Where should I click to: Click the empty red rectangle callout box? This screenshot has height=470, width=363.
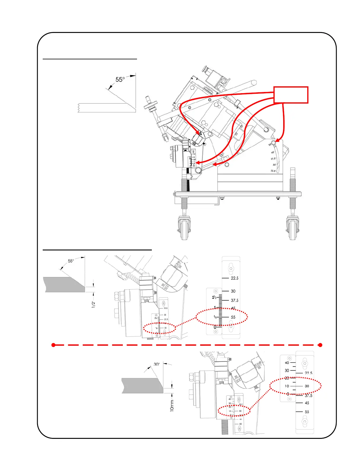pos(291,95)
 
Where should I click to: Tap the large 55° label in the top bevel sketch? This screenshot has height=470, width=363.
pos(120,80)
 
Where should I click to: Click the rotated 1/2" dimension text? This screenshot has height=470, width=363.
pos(93,304)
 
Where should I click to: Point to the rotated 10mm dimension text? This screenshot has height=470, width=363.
pos(172,405)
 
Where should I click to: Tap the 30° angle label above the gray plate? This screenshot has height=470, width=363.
pos(157,364)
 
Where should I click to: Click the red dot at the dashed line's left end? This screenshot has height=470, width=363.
pos(53,345)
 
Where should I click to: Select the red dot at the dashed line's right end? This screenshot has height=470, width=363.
pos(320,345)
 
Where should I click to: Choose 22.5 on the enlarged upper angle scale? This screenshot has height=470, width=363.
pos(235,278)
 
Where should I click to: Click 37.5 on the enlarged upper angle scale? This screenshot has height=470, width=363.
pos(235,301)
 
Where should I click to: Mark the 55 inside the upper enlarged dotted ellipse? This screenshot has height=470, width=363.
pos(233,317)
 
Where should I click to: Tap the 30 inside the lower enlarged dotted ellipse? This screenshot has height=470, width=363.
pos(307,386)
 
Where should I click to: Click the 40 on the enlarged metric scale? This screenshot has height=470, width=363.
pos(287,363)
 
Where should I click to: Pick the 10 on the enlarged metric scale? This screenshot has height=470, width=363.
pos(287,386)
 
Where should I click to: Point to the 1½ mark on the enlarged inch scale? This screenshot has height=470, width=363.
pos(214,297)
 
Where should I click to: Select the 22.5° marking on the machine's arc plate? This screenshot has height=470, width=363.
pos(273,171)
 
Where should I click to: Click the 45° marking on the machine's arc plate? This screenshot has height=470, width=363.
pos(273,153)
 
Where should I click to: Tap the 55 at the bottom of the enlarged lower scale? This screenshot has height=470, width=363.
pos(307,412)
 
